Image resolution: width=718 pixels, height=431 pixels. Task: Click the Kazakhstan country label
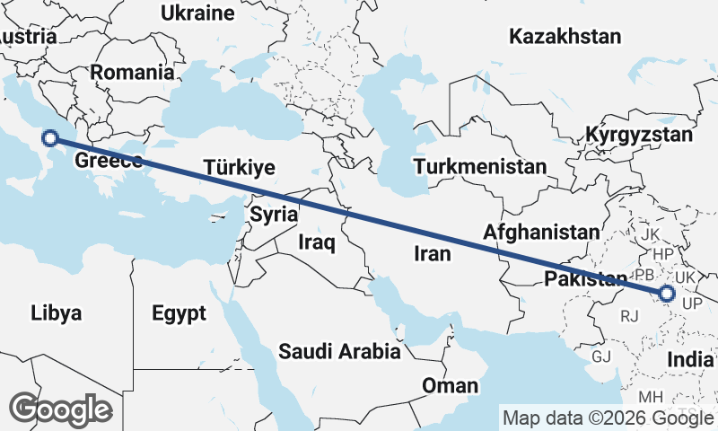[565, 37]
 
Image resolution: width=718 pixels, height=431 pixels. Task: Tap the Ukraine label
[197, 13]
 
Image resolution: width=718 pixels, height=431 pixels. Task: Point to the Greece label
[109, 161]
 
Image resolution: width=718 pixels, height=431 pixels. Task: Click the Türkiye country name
[240, 168]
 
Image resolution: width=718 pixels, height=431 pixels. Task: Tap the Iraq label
[316, 242]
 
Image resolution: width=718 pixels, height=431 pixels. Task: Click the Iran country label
[432, 254]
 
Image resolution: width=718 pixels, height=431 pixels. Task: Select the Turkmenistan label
[479, 167]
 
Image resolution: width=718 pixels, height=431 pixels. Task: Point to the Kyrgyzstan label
[639, 136]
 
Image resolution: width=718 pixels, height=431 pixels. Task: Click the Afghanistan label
[540, 232]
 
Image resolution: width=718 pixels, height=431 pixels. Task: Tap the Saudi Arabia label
[339, 351]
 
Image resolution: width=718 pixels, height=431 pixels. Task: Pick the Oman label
[451, 386]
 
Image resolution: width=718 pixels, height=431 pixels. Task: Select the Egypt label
[179, 313]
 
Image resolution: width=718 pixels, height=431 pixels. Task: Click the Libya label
[57, 313]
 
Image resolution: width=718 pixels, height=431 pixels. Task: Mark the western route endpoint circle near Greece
[50, 137]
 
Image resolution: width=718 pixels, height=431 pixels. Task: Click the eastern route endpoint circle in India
[667, 294]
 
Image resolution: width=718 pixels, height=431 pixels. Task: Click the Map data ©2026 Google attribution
[608, 418]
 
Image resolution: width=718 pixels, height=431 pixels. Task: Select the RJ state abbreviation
[630, 315]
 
